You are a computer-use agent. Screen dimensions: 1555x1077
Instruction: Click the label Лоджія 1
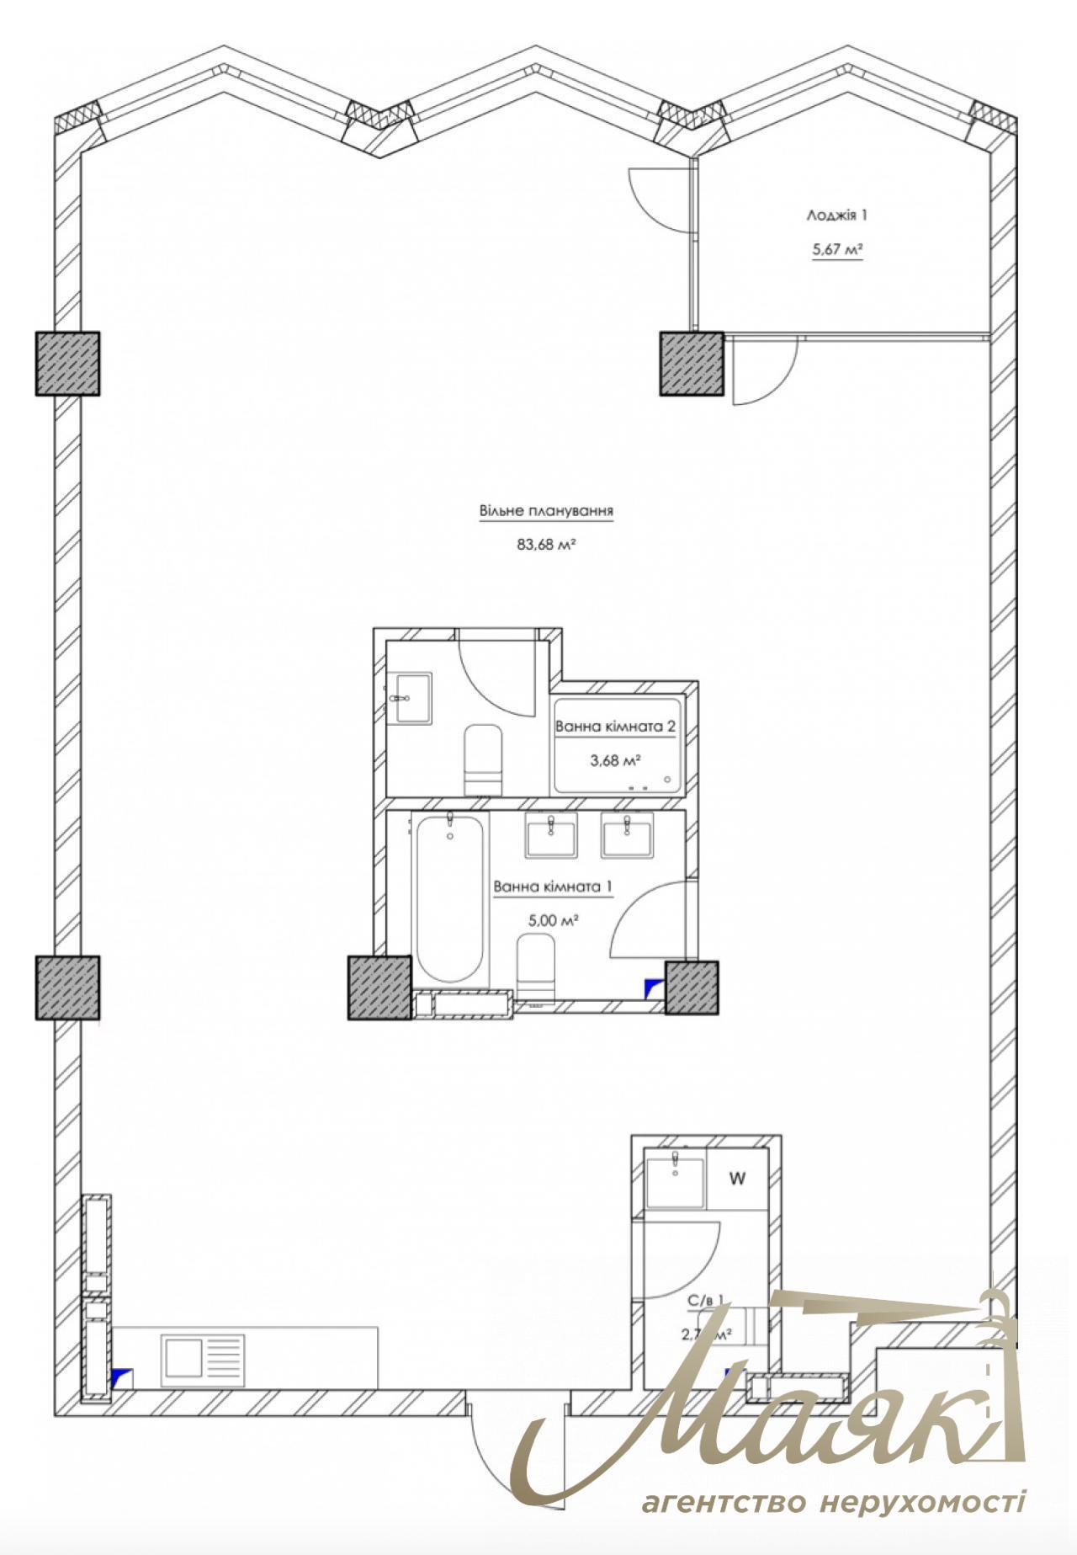(x=836, y=216)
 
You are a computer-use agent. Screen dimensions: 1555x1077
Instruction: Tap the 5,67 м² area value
(x=838, y=249)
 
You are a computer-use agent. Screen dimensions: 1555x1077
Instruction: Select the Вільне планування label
(x=546, y=511)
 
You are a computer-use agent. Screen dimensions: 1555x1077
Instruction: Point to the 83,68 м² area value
(x=546, y=545)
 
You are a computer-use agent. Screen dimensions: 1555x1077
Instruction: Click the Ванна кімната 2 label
(x=615, y=727)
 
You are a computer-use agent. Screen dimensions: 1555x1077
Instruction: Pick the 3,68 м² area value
(x=615, y=760)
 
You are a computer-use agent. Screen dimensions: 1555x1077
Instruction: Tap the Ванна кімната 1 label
(x=553, y=887)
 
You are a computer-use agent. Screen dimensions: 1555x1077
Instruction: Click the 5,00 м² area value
(x=551, y=920)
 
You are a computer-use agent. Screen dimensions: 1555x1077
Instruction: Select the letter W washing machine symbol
(x=737, y=1179)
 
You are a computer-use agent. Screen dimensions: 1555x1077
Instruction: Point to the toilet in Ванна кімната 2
(x=483, y=759)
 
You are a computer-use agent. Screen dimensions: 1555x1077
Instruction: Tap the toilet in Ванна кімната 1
(x=535, y=968)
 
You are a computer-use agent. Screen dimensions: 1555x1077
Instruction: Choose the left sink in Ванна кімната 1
(x=550, y=835)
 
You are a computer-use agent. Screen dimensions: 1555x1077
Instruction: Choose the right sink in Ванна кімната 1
(x=627, y=835)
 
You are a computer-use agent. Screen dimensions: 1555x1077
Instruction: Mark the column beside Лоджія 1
(x=691, y=363)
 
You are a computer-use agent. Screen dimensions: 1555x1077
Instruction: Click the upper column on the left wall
(x=67, y=363)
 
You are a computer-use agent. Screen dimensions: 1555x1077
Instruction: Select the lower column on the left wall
(x=67, y=988)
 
